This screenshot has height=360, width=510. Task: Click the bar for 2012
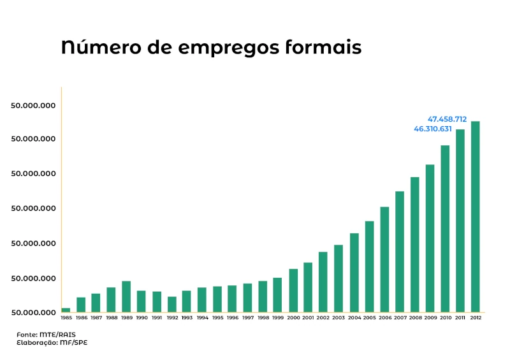(x=476, y=217)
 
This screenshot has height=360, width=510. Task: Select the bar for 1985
(x=66, y=310)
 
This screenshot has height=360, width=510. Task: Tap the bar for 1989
(x=126, y=296)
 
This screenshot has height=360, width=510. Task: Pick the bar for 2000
(x=293, y=291)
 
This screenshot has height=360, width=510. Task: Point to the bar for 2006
(x=384, y=259)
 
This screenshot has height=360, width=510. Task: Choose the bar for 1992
(x=172, y=305)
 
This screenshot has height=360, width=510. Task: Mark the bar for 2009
(x=430, y=238)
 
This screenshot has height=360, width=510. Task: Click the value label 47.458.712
(x=447, y=119)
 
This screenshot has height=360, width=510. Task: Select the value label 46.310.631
(x=433, y=129)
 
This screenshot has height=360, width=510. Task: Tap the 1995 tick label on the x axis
(x=217, y=318)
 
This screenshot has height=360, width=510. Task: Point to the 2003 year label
(x=339, y=318)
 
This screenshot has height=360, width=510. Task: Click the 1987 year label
(x=96, y=318)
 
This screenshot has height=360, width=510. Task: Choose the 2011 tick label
(x=460, y=318)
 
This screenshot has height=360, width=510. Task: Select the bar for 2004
(x=354, y=273)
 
